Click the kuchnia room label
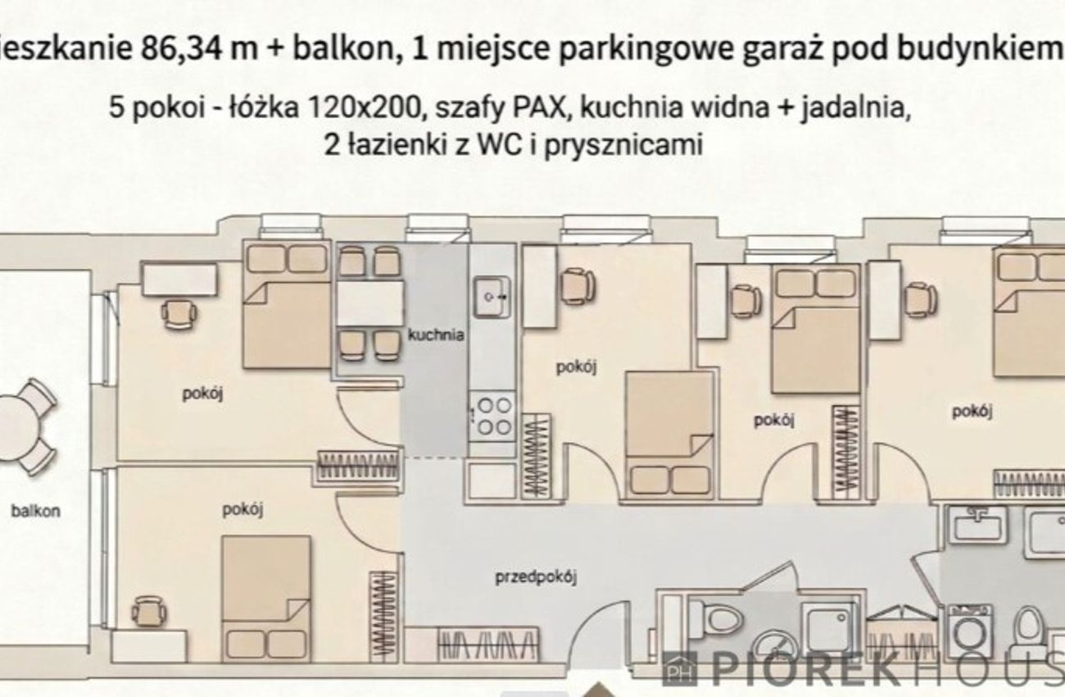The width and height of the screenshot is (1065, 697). pos(436,335)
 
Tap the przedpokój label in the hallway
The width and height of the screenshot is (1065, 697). pos(536,577)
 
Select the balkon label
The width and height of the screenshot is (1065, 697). pos(36,511)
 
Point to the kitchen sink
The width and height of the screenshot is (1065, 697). pos(492,298)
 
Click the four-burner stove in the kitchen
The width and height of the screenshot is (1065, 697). pos(493,417)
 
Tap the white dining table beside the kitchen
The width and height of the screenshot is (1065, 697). pos(371,304)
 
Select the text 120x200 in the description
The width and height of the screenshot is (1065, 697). pos(365,108)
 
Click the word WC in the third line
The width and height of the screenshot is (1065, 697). pos(498,144)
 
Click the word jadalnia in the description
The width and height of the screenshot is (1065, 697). pos(854,109)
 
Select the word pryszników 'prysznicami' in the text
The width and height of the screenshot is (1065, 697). pos(623,145)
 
